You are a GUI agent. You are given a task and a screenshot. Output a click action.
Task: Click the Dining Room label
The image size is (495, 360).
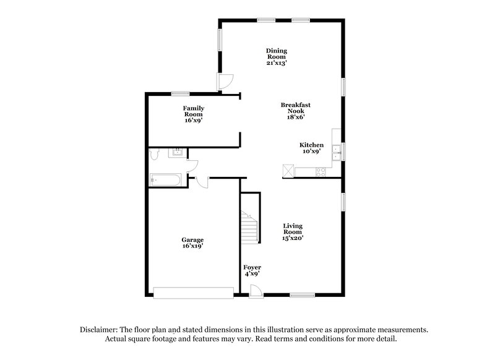[x=277, y=56]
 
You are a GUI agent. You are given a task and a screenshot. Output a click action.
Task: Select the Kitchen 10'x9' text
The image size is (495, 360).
[x=311, y=148]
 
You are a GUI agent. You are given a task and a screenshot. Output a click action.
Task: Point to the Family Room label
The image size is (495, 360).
[x=193, y=114]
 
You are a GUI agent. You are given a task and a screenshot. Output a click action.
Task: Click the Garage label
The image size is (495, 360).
[x=192, y=242]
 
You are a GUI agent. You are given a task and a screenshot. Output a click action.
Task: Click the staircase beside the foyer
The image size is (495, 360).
[x=250, y=226]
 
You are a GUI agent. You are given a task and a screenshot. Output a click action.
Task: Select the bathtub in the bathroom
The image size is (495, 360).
[x=165, y=180]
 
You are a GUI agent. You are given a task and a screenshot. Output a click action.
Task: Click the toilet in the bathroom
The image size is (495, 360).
[x=155, y=155]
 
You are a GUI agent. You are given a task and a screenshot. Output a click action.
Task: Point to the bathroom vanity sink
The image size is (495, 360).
[x=178, y=152]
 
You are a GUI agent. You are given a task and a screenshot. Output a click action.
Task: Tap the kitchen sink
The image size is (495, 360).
[x=335, y=152]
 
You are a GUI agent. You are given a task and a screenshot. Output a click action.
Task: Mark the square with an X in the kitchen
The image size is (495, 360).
[x=288, y=170]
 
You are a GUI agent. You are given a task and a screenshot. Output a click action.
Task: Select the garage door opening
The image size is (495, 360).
[x=194, y=293]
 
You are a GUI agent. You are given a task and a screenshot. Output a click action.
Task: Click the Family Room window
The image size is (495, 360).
[x=180, y=93]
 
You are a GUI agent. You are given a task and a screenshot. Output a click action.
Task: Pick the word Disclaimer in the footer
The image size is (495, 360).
[x=99, y=330]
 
